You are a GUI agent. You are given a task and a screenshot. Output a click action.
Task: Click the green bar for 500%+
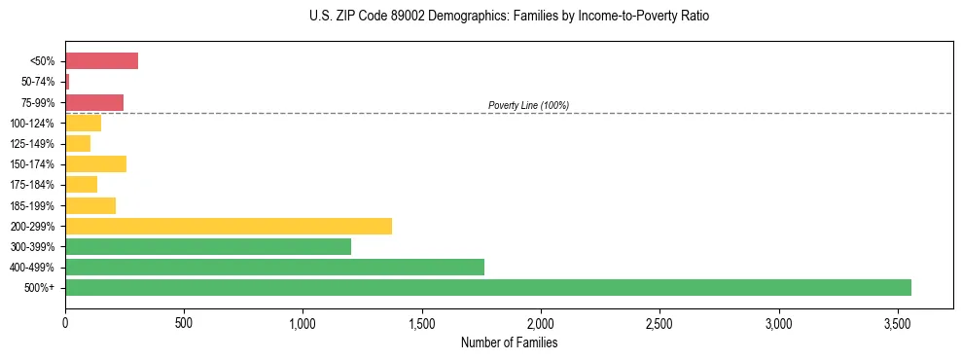tap(487, 287)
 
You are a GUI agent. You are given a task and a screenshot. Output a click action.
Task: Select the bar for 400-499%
tap(274, 267)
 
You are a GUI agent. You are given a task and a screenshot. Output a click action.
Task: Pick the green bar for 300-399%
tap(208, 246)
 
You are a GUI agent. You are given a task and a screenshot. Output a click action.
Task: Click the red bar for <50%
tap(101, 61)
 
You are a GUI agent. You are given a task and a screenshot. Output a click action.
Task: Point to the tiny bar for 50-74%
tap(67, 82)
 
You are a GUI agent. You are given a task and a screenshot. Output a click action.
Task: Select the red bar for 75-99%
tap(94, 102)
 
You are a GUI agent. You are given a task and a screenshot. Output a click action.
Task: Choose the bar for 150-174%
tap(95, 163)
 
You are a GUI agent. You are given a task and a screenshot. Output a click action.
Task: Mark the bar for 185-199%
tap(90, 205)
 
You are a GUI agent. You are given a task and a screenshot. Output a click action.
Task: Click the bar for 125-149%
tap(78, 143)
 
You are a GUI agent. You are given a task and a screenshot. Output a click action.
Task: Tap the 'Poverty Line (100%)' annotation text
tap(528, 105)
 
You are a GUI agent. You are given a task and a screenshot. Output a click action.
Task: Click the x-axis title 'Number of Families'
tap(509, 342)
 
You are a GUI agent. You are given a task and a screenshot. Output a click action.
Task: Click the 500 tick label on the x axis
tap(184, 322)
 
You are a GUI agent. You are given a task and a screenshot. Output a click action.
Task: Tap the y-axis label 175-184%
tap(32, 185)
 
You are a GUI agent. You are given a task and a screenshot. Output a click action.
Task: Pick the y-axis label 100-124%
tap(32, 123)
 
